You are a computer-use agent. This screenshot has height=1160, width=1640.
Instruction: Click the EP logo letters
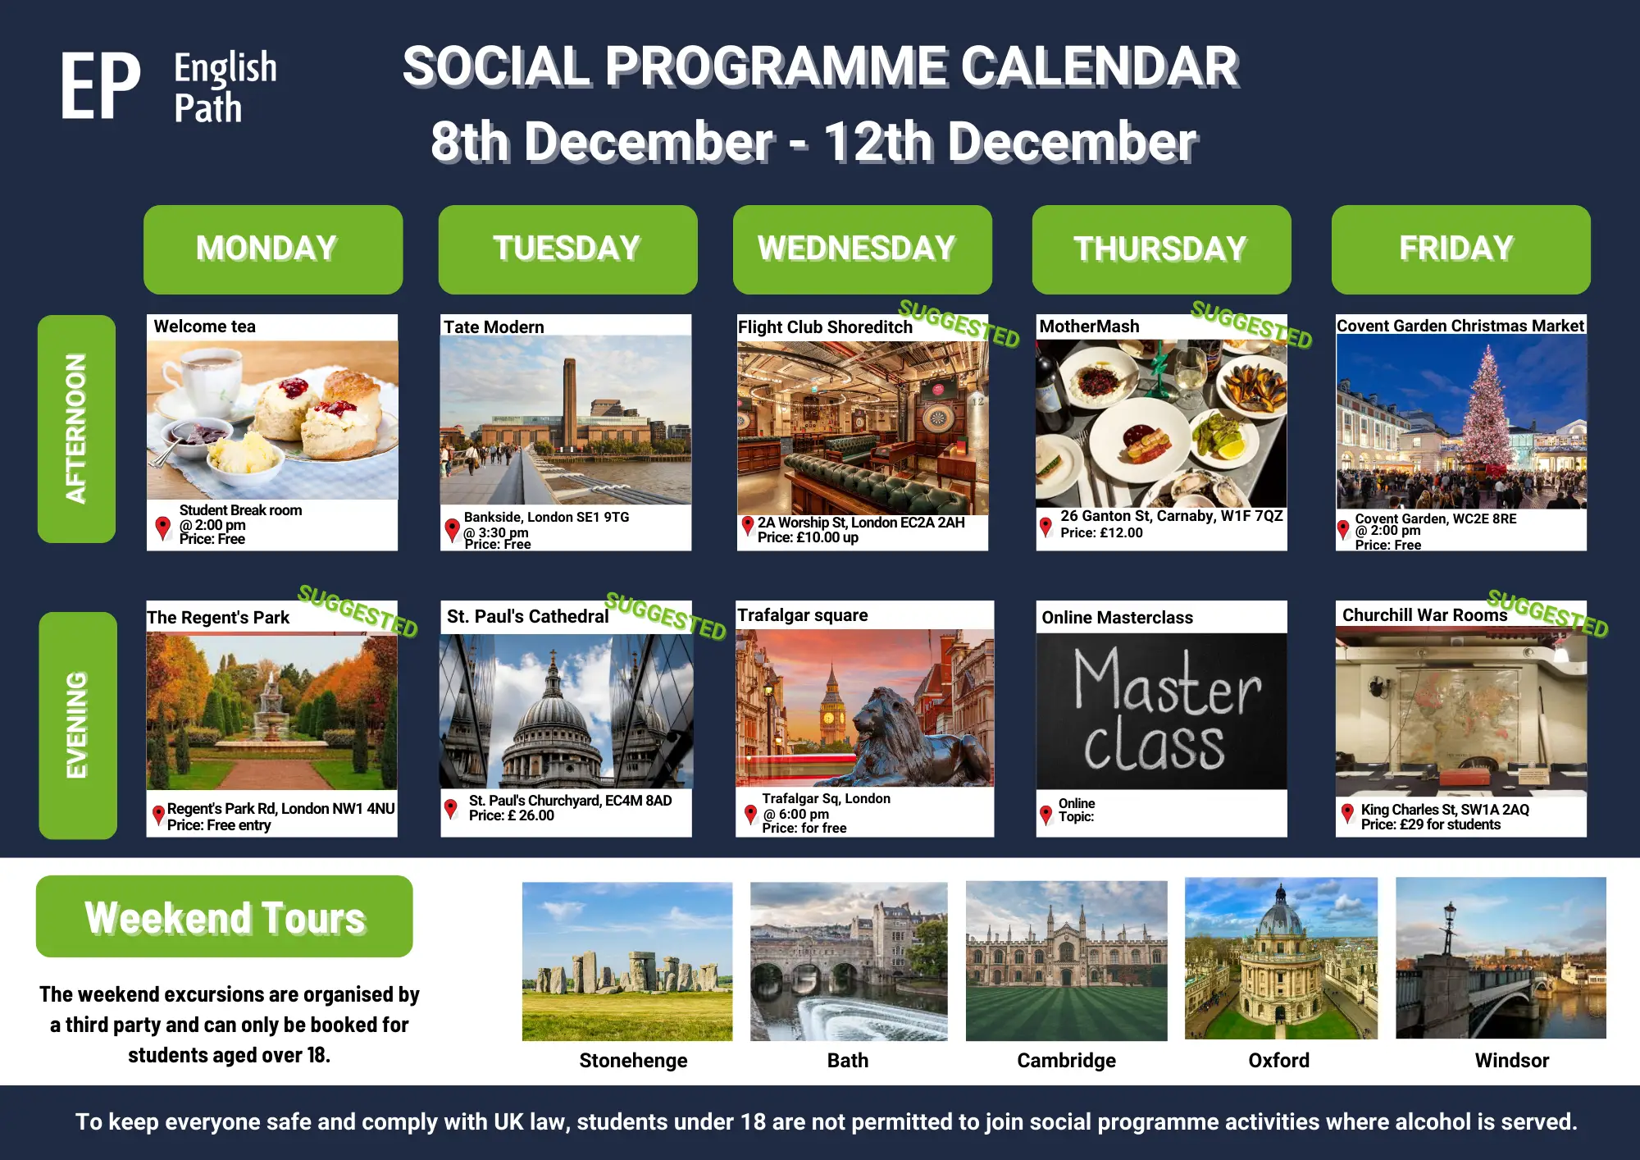coord(100,86)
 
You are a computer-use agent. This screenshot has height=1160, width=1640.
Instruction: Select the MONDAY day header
coord(273,249)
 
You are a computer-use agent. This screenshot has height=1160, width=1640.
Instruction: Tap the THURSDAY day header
coord(1161,249)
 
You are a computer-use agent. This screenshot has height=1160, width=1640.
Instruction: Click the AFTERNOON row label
coord(76,428)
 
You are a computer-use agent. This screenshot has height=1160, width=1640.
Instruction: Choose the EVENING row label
coord(77,725)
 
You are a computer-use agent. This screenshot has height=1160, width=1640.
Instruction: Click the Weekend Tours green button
coord(224,916)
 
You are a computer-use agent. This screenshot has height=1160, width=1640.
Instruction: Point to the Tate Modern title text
coord(494,327)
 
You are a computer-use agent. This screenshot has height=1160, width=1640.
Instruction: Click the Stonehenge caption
coord(633,1060)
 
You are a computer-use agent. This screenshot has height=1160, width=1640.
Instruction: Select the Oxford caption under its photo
coord(1278,1060)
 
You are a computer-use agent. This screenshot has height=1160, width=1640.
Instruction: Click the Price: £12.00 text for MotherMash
coord(1101,532)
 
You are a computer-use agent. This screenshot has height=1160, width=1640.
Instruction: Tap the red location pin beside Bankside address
coord(452,530)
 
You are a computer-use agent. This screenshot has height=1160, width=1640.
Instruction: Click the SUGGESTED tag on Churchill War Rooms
coord(1547,613)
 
